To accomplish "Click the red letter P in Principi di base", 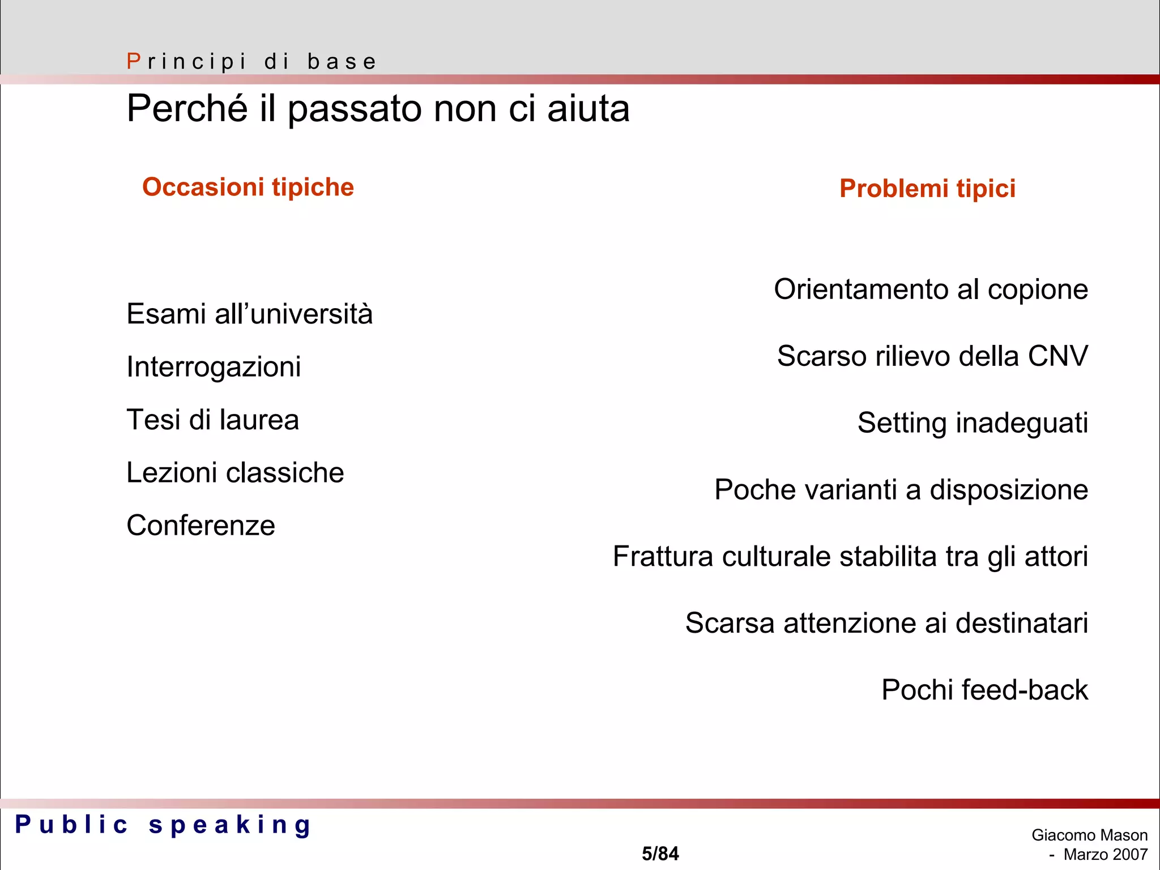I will tap(134, 61).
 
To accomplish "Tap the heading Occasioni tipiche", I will tap(248, 187).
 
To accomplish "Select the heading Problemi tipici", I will tap(927, 188).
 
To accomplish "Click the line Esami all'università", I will tap(249, 314).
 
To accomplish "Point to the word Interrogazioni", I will tap(214, 366).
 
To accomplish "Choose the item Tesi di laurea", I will tap(212, 420).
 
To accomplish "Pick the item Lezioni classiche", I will tap(235, 472).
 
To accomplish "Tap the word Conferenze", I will tap(201, 525).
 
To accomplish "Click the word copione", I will tap(1038, 289).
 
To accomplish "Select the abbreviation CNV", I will tap(1057, 356).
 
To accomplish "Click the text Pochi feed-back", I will tap(984, 690).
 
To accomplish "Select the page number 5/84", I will tap(660, 854).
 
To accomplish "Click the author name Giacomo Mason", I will tap(1089, 835).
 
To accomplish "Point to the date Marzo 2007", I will tap(1105, 854).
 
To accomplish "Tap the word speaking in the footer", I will tap(230, 825).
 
